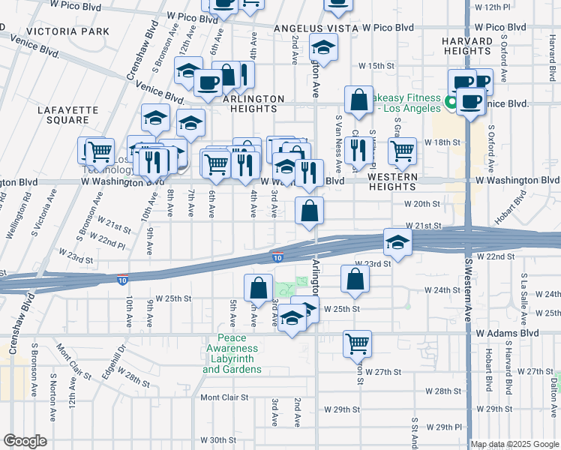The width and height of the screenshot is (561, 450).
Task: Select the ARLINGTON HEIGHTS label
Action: pos(253,104)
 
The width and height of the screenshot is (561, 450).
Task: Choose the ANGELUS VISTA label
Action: pos(313,28)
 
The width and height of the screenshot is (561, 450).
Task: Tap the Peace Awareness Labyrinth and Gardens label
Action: pos(232,358)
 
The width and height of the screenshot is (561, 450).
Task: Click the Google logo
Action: pos(25,441)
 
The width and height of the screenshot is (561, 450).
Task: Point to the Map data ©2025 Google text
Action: pos(514,444)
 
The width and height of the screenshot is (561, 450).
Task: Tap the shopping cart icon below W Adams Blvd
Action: pos(358,343)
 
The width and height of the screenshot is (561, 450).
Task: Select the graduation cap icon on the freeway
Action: pos(397,241)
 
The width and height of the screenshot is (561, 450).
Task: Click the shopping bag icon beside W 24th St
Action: pos(355,279)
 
